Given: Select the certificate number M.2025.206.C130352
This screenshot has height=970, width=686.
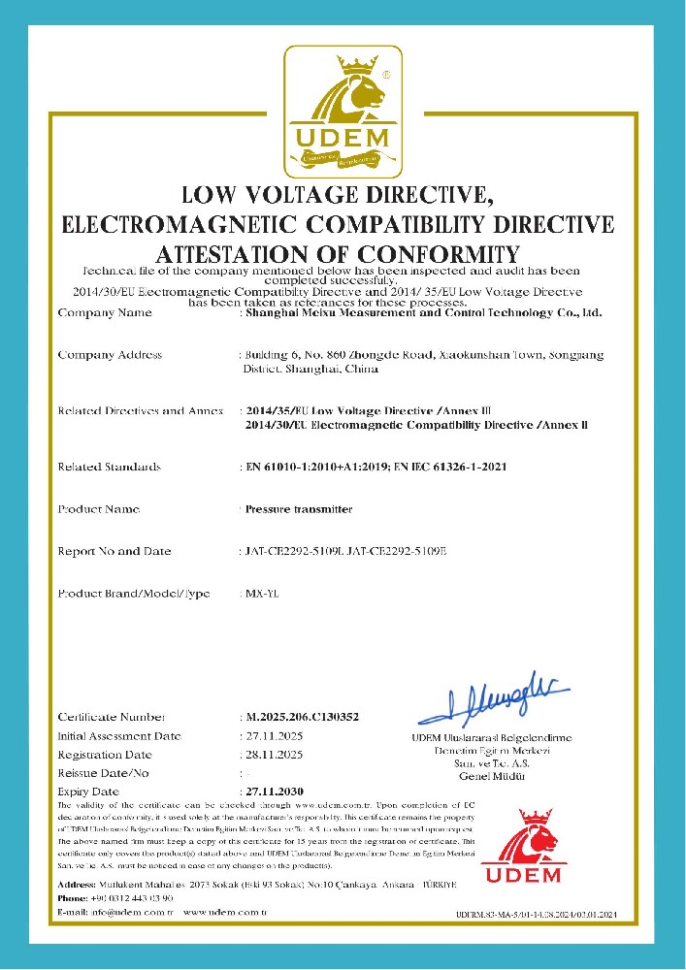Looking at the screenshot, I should [303, 717].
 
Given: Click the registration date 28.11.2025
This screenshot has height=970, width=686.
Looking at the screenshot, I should [275, 755].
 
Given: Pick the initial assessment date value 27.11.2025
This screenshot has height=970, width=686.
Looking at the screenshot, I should [275, 736].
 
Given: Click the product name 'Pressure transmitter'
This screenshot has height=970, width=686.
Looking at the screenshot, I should [299, 509].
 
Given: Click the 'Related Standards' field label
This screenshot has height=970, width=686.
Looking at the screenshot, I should [109, 468].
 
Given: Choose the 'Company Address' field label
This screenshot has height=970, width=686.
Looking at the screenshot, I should [110, 355].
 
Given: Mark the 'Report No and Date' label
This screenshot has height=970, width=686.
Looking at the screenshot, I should [114, 551].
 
